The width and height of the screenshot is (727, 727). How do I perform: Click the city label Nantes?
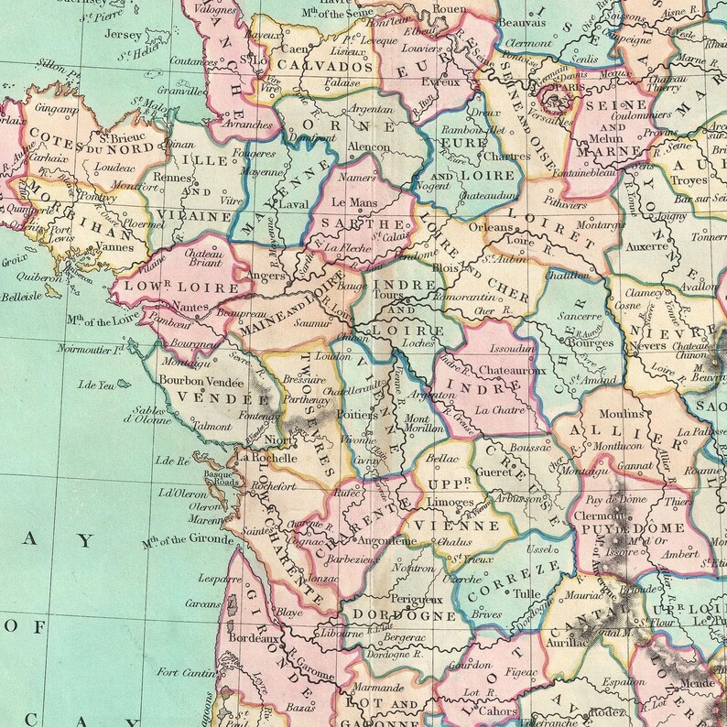(x=186, y=307)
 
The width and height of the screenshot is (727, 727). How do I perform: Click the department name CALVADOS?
(x=314, y=66)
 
